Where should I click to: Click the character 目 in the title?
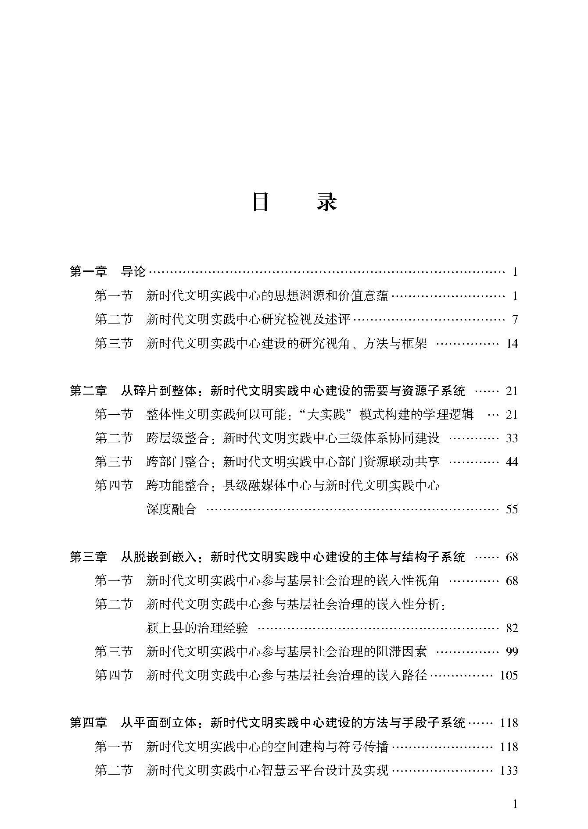[x=261, y=203]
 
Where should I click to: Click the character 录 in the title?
[x=327, y=203]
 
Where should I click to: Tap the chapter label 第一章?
[x=88, y=272]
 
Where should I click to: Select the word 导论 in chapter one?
[x=133, y=272]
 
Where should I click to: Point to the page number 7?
[x=515, y=319]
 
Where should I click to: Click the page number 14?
[x=512, y=343]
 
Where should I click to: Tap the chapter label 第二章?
[x=88, y=390]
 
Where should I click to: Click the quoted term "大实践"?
[x=326, y=414]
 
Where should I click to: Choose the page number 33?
[x=512, y=438]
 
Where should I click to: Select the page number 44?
[x=512, y=461]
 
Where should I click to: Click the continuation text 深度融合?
[x=171, y=509]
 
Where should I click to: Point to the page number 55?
[x=512, y=509]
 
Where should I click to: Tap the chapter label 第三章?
[x=88, y=557]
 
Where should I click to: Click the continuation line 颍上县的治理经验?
[x=197, y=628]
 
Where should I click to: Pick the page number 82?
[x=512, y=628]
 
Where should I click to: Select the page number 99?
[x=512, y=651]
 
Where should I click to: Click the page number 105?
[x=509, y=675]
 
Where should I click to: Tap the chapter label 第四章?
[x=88, y=722]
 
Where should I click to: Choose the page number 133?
[x=509, y=770]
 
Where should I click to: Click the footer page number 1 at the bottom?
[x=515, y=804]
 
